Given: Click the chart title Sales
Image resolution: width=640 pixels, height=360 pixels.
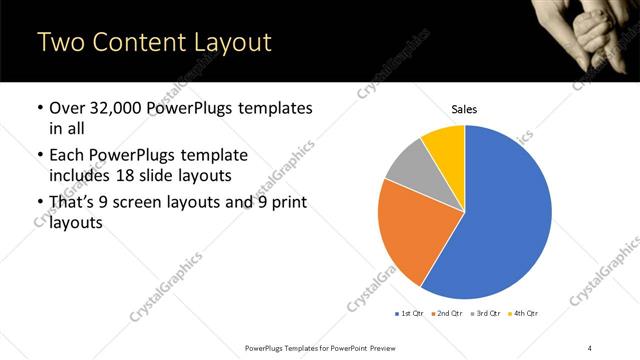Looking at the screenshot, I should pyautogui.click(x=465, y=108).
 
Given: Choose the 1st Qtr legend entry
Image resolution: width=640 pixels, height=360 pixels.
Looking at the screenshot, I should pyautogui.click(x=409, y=314).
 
